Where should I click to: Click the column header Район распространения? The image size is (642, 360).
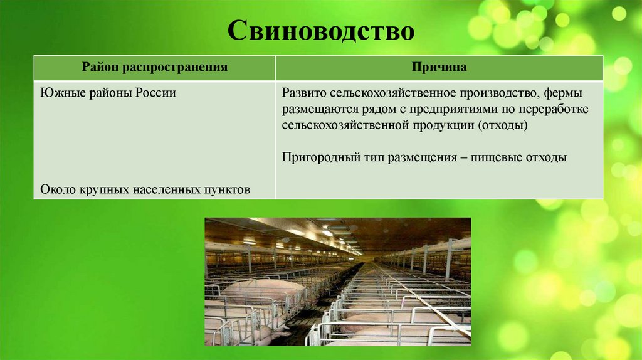(154, 67)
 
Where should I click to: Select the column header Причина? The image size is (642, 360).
(439, 67)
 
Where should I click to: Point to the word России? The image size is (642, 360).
(154, 93)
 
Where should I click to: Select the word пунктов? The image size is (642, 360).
(228, 188)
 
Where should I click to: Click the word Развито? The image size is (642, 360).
(304, 93)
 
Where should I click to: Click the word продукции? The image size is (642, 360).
(444, 125)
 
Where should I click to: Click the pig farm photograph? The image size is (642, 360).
(337, 281)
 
